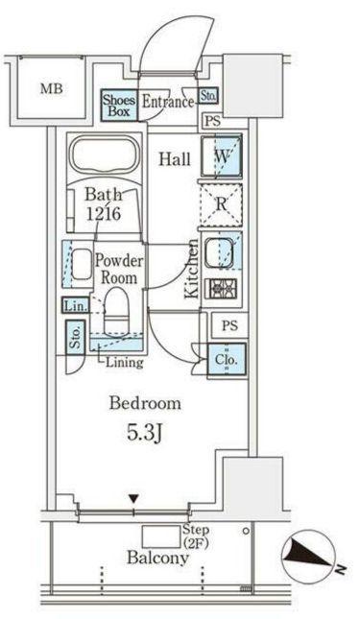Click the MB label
click(51, 88)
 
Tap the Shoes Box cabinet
click(119, 106)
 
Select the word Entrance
click(168, 102)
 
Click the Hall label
click(175, 159)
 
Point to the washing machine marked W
click(221, 156)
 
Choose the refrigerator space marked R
click(221, 204)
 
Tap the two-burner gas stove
click(221, 289)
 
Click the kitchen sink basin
click(219, 253)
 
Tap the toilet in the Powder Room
click(116, 310)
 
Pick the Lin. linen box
click(76, 305)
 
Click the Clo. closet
click(227, 360)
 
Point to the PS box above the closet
click(229, 325)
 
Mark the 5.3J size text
click(145, 433)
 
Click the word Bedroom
click(145, 403)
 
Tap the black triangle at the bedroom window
click(133, 499)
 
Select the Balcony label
click(157, 558)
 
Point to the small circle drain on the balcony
click(246, 531)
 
